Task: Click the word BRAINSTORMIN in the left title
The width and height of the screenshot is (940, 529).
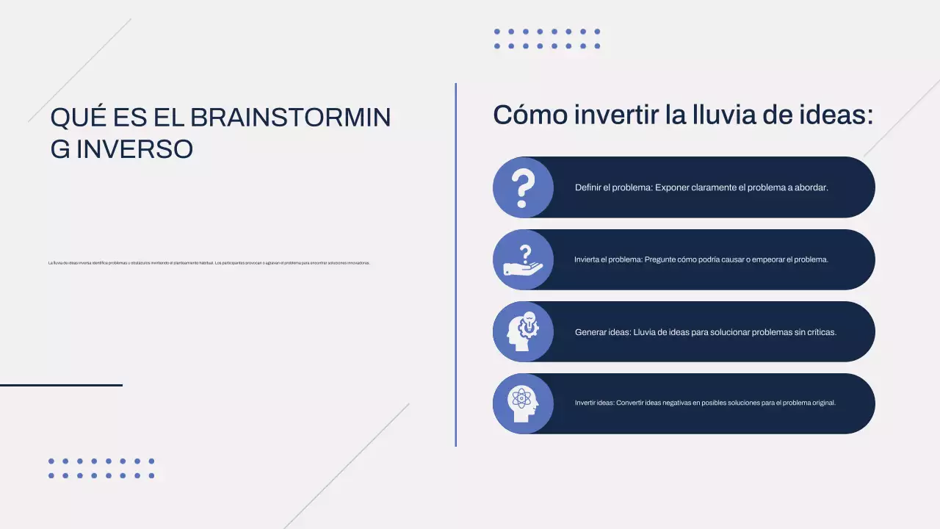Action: click(290, 118)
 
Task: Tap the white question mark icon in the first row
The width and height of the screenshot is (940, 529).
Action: click(522, 187)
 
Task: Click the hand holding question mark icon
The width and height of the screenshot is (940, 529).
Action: click(522, 259)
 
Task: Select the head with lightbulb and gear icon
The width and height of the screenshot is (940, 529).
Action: click(522, 331)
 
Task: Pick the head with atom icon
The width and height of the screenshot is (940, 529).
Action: click(522, 403)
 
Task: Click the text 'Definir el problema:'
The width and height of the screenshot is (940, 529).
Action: click(613, 187)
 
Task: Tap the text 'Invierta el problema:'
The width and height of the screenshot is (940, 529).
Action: click(608, 259)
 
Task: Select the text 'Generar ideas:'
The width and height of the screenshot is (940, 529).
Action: click(603, 332)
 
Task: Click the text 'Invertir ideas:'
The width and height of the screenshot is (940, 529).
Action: click(594, 403)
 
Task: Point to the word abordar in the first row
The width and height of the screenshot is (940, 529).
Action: click(811, 187)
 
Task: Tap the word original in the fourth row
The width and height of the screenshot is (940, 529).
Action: click(822, 403)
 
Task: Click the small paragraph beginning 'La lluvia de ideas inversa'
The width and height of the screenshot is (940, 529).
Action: click(209, 263)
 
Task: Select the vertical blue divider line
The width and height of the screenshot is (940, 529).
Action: click(455, 264)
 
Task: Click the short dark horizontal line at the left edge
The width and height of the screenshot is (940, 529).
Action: click(61, 385)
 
